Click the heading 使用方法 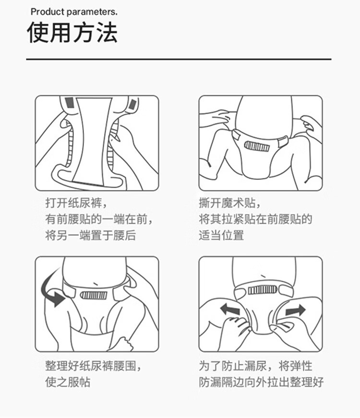point(72,32)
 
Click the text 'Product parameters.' point(74,12)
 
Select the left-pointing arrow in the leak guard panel point(230,310)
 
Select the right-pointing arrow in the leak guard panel point(295,310)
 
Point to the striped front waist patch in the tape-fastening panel point(257,147)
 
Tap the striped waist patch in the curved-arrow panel point(94,295)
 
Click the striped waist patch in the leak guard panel point(262,290)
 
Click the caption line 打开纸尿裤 point(76,203)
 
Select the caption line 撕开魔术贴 point(229,203)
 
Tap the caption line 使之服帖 point(68,382)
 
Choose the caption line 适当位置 point(221,235)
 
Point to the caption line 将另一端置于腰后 point(91,235)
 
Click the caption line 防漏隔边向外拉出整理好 point(261,382)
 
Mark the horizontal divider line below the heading point(179,59)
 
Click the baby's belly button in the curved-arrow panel point(96,283)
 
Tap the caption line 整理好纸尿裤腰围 point(93,366)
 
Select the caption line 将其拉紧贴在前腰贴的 point(255,219)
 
